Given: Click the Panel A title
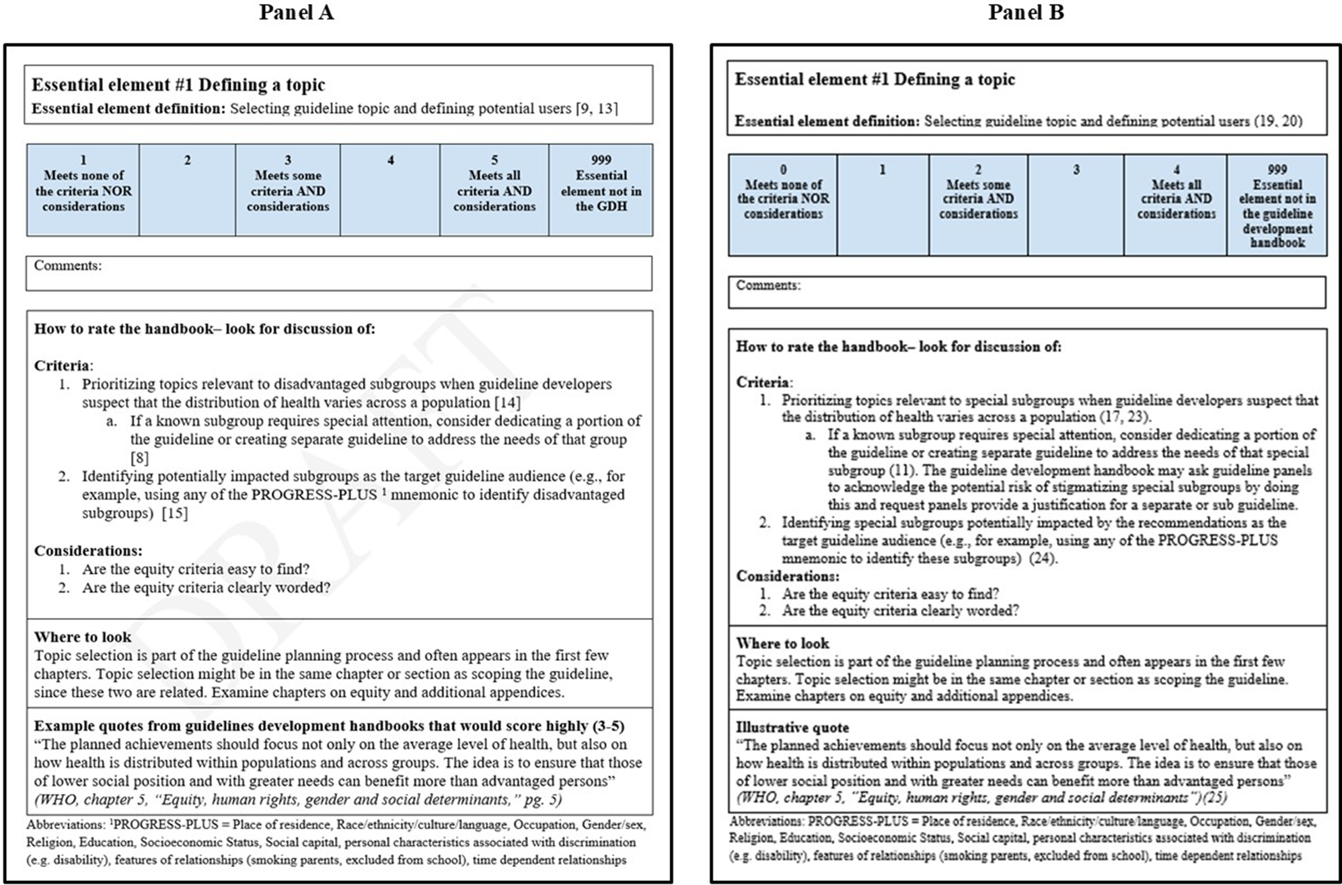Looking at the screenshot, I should point(296,12).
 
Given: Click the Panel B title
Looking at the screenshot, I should point(1026,12).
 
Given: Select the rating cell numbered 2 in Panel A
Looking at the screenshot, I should point(187,189).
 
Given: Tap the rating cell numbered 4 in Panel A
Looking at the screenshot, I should point(390,189).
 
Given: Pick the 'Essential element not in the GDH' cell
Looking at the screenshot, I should point(601,189).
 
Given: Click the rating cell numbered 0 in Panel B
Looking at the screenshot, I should point(783,204).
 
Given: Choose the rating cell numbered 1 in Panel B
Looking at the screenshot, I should point(883,204).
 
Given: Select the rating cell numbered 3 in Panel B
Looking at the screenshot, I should point(1076,204).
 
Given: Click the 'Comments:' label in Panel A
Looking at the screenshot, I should point(68,266).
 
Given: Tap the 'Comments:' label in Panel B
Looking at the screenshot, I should point(768,285).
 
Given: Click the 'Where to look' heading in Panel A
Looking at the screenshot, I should point(83,637).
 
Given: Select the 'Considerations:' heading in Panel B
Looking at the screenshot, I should point(788,576).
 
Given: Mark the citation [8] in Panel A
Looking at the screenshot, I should point(139,458).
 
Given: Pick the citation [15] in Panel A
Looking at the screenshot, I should point(175,513).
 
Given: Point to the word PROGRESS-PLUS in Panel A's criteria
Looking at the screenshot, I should point(314,495).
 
